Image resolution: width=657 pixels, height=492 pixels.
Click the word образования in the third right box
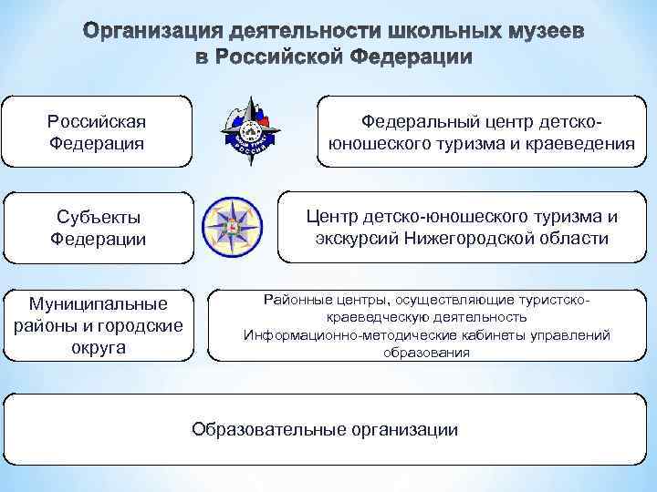[x=427, y=352]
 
